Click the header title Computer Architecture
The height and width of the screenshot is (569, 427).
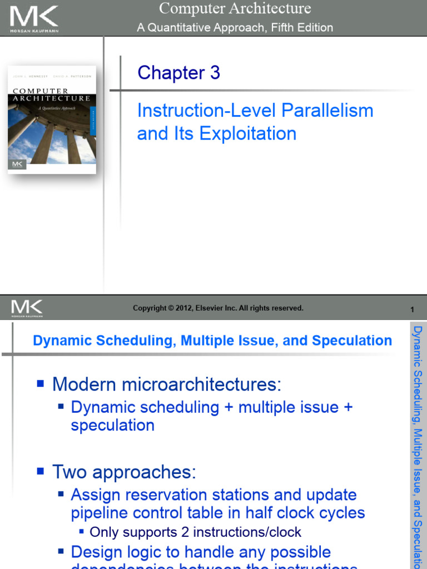235,8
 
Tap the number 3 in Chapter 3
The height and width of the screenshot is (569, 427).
215,73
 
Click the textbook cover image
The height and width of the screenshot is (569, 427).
52,119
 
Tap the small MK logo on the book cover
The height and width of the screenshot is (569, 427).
18,164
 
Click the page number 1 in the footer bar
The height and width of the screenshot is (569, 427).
412,309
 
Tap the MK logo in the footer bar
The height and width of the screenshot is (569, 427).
27,307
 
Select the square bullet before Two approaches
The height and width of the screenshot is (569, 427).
40,472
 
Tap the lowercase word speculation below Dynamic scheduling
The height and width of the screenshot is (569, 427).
112,426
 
